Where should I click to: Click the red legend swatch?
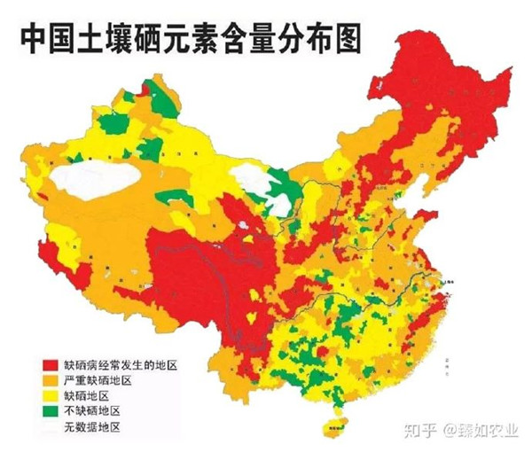(51, 365)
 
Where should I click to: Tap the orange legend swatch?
(51, 380)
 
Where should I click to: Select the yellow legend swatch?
(51, 396)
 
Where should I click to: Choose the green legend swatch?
(51, 411)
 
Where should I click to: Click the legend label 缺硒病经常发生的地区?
(120, 365)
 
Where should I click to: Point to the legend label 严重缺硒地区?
(98, 380)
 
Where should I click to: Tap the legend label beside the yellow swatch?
(85, 396)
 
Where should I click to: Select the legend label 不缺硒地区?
(91, 411)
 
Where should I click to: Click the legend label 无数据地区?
(91, 427)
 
